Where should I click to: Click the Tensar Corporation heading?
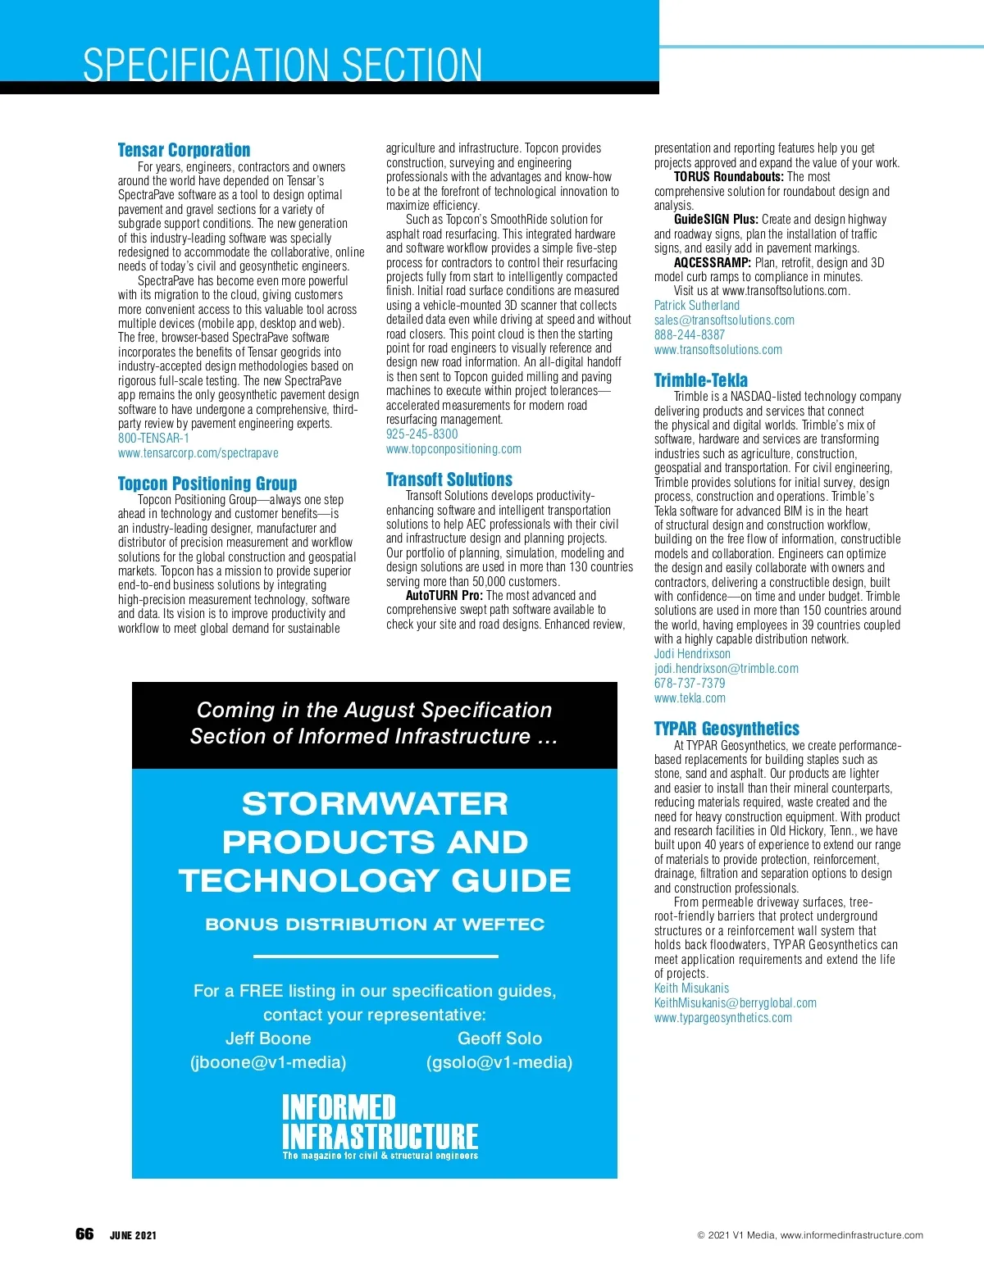pos(184,150)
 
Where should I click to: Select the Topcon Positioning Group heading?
pos(207,484)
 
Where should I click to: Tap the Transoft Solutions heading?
pos(449,479)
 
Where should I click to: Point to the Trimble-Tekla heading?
pos(701,380)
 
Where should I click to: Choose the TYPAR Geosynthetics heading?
pos(727,729)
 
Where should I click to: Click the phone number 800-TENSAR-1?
pos(153,439)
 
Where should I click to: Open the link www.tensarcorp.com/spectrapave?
pos(198,453)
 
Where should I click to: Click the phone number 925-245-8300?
pos(422,434)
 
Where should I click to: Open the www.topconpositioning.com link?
pos(453,449)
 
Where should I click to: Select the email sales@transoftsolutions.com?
pos(724,320)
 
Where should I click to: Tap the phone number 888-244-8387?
pos(690,335)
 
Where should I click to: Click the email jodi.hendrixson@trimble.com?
pos(727,669)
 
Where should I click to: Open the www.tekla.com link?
pos(690,698)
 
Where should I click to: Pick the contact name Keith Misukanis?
pos(691,988)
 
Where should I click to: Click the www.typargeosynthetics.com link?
pos(723,1018)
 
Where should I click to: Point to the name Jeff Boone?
pos(268,1038)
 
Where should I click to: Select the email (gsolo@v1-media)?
pos(499,1062)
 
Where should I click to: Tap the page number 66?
pos(84,1234)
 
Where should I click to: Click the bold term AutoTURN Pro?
pos(444,596)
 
